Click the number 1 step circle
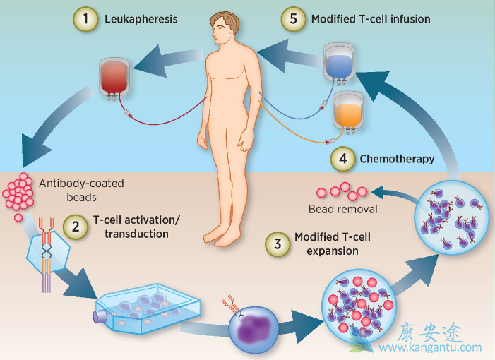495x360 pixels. (85, 19)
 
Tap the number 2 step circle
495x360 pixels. (76, 227)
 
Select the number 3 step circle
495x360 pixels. (277, 244)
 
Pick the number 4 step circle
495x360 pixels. (342, 160)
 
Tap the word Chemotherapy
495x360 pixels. (397, 160)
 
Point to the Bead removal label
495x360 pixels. (343, 210)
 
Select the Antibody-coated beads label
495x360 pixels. (81, 190)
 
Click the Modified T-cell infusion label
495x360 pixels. (370, 19)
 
